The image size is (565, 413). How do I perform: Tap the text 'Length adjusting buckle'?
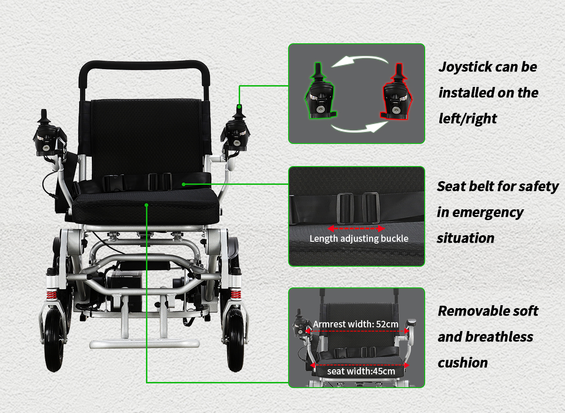tap(359, 238)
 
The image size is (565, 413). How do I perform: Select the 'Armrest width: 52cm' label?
tap(355, 324)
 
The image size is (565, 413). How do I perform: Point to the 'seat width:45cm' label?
tap(361, 371)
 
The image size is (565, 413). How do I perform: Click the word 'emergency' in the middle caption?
tap(488, 213)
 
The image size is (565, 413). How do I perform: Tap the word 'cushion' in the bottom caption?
tap(462, 363)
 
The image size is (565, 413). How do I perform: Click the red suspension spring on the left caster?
tap(51, 295)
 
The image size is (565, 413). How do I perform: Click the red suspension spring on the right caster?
tap(236, 295)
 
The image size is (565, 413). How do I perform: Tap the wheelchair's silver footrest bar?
tap(145, 343)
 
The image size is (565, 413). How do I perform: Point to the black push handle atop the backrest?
tap(144, 65)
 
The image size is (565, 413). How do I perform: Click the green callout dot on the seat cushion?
tap(146, 205)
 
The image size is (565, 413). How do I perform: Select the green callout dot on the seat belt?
tap(184, 184)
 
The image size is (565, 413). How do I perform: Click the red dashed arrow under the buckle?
tap(356, 229)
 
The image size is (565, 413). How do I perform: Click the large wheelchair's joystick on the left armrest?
tap(49, 134)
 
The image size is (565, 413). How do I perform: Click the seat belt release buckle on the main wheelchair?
tap(114, 183)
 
